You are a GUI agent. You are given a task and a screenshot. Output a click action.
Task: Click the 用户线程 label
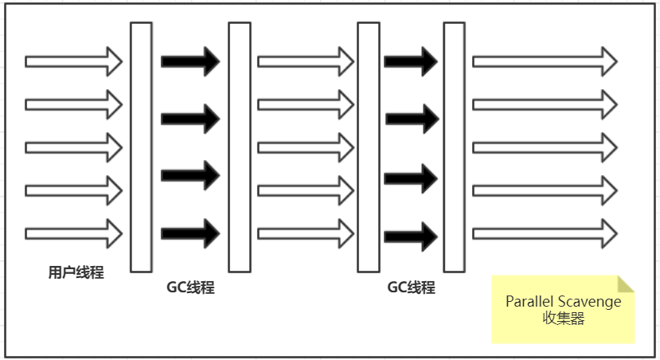76,273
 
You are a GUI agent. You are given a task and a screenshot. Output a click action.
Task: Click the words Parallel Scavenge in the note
563,302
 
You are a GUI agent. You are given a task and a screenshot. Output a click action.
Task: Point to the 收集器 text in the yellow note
563,319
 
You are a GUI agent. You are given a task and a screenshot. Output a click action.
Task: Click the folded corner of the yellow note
626,284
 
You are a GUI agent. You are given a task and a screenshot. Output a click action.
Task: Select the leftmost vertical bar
141,147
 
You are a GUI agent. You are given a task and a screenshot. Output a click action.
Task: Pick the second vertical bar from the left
240,147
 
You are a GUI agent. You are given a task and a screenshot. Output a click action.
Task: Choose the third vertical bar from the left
368,147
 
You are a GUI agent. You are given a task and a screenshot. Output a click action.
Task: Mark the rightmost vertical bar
454,147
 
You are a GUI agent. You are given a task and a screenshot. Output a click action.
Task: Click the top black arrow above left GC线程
190,61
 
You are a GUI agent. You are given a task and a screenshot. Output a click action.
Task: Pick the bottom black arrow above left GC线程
190,234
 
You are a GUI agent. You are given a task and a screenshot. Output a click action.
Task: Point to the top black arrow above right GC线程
411,61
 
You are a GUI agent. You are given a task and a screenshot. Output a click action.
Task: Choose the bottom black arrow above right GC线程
411,236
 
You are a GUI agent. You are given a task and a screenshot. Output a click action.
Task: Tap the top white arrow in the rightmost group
545,61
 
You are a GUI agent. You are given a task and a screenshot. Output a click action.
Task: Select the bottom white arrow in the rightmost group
545,234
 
